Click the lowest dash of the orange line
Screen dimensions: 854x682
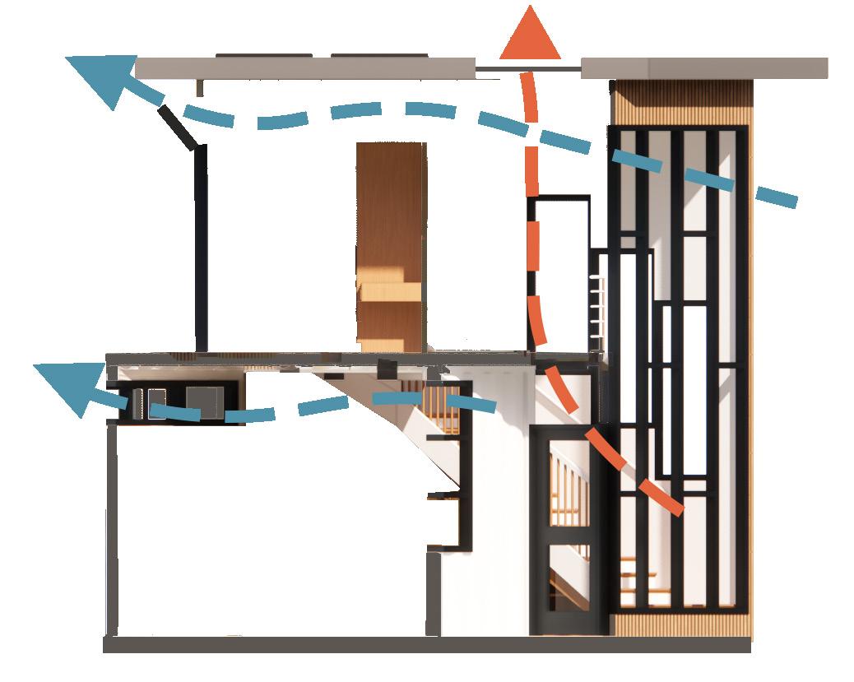click(666, 499)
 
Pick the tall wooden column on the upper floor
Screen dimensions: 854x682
click(391, 243)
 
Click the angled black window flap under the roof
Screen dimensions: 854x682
click(179, 127)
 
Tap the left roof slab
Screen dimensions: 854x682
click(304, 68)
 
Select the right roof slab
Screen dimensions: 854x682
click(703, 68)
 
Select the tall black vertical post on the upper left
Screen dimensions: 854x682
click(200, 247)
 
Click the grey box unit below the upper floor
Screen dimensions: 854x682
click(204, 401)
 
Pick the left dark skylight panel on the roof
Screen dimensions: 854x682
click(264, 55)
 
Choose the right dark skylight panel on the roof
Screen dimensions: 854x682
click(379, 55)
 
